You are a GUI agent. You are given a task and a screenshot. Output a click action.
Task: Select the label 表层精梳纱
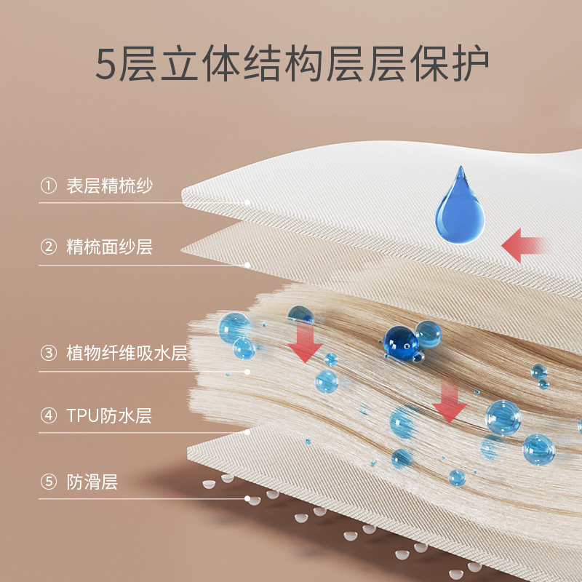click(109, 186)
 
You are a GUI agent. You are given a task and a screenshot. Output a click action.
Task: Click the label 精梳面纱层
click(109, 247)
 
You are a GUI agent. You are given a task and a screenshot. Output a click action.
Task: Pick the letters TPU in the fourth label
click(81, 416)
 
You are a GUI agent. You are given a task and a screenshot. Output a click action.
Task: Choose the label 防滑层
click(92, 482)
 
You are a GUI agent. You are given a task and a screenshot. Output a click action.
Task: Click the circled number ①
click(48, 186)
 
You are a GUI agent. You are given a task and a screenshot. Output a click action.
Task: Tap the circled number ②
click(48, 247)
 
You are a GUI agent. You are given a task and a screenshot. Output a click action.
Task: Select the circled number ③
click(48, 354)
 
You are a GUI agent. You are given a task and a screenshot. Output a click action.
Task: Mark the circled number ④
click(48, 416)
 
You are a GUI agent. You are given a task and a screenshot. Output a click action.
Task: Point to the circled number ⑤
click(48, 482)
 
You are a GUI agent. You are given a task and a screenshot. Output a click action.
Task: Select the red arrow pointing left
click(525, 245)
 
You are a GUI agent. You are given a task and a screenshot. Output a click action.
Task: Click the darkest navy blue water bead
click(401, 341)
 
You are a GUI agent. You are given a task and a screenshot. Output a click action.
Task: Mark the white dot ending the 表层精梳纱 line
click(248, 202)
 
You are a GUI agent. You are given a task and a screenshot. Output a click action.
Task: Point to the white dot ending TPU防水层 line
click(248, 432)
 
